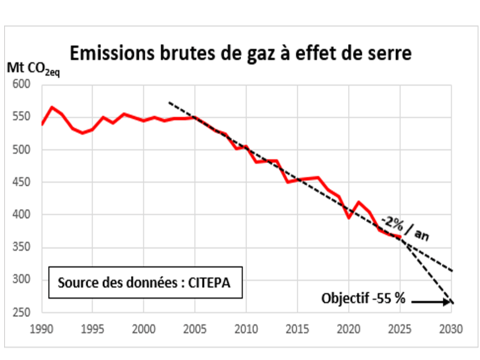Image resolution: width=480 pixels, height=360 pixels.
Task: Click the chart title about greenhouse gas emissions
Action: [240, 53]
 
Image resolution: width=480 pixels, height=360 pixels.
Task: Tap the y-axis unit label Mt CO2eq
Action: [33, 70]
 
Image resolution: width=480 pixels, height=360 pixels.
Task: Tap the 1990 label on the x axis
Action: [41, 329]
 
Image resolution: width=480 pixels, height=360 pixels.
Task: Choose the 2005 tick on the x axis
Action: [194, 329]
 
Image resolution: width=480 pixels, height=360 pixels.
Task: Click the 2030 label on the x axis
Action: [451, 329]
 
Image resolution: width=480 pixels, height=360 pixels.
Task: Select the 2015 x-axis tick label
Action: [297, 329]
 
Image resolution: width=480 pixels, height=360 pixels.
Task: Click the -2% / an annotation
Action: [405, 228]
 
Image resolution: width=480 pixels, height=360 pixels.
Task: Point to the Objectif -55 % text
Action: [363, 299]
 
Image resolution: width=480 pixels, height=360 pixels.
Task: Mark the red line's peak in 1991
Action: [52, 107]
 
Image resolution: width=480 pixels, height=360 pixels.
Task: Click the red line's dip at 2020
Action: [349, 217]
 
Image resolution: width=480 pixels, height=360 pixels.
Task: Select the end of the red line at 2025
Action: [400, 236]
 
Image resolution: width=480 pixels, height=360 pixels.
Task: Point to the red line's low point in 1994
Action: [82, 133]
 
